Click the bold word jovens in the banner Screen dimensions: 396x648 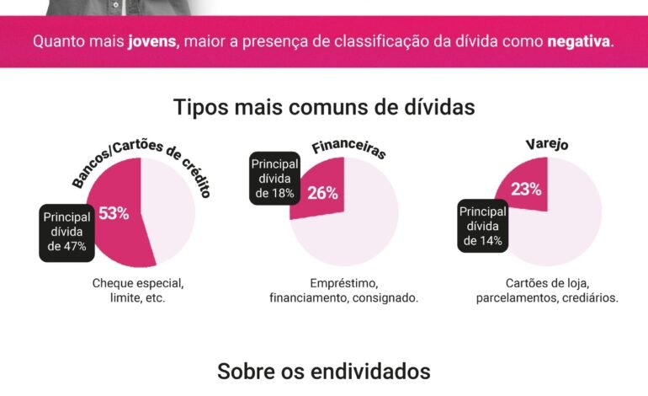tap(151, 40)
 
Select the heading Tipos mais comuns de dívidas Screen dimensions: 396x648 tap(324, 108)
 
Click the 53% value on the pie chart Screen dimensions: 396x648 tap(114, 213)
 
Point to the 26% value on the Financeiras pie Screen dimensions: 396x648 tap(322, 193)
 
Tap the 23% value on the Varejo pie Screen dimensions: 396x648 tap(526, 190)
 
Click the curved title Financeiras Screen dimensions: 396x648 tap(348, 149)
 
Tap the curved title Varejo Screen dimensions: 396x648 tap(547, 144)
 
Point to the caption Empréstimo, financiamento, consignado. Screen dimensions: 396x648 tap(343, 290)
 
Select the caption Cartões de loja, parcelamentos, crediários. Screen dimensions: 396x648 tap(547, 290)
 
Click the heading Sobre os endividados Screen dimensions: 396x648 tap(324, 371)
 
